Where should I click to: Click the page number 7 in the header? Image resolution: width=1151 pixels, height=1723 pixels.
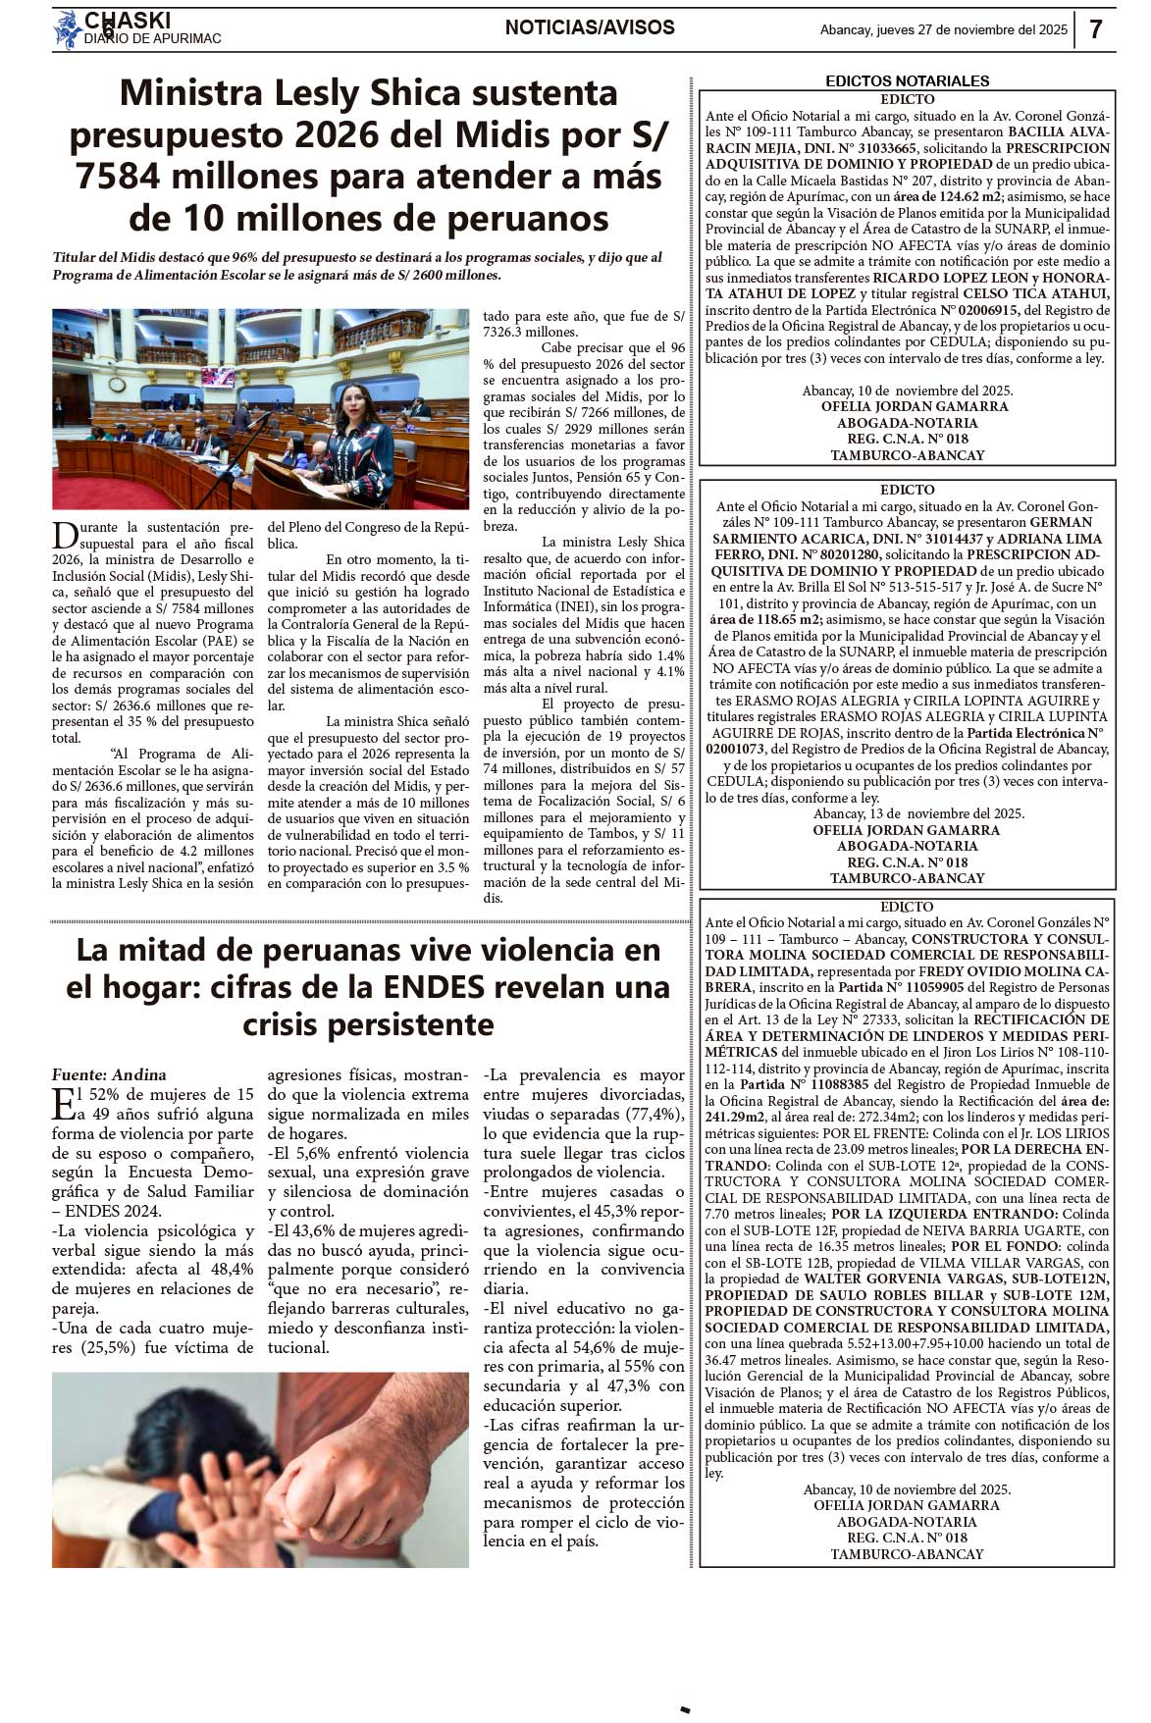1096,29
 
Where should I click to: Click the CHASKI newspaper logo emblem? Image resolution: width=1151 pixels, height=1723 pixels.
68,29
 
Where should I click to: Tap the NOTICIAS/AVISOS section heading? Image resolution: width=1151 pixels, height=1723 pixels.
590,27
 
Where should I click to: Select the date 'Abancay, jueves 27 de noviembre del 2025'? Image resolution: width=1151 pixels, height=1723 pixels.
943,29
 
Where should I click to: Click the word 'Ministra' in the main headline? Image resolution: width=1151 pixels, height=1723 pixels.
190,93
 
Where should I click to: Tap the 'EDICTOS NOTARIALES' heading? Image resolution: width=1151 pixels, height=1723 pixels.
907,80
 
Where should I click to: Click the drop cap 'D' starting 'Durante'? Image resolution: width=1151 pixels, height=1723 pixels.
64,535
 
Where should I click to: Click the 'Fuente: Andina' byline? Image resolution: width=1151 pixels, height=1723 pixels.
109,1074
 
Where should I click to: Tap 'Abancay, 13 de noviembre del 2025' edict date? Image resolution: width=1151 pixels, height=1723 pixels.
918,813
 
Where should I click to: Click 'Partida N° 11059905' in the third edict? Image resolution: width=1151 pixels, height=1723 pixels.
900,987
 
